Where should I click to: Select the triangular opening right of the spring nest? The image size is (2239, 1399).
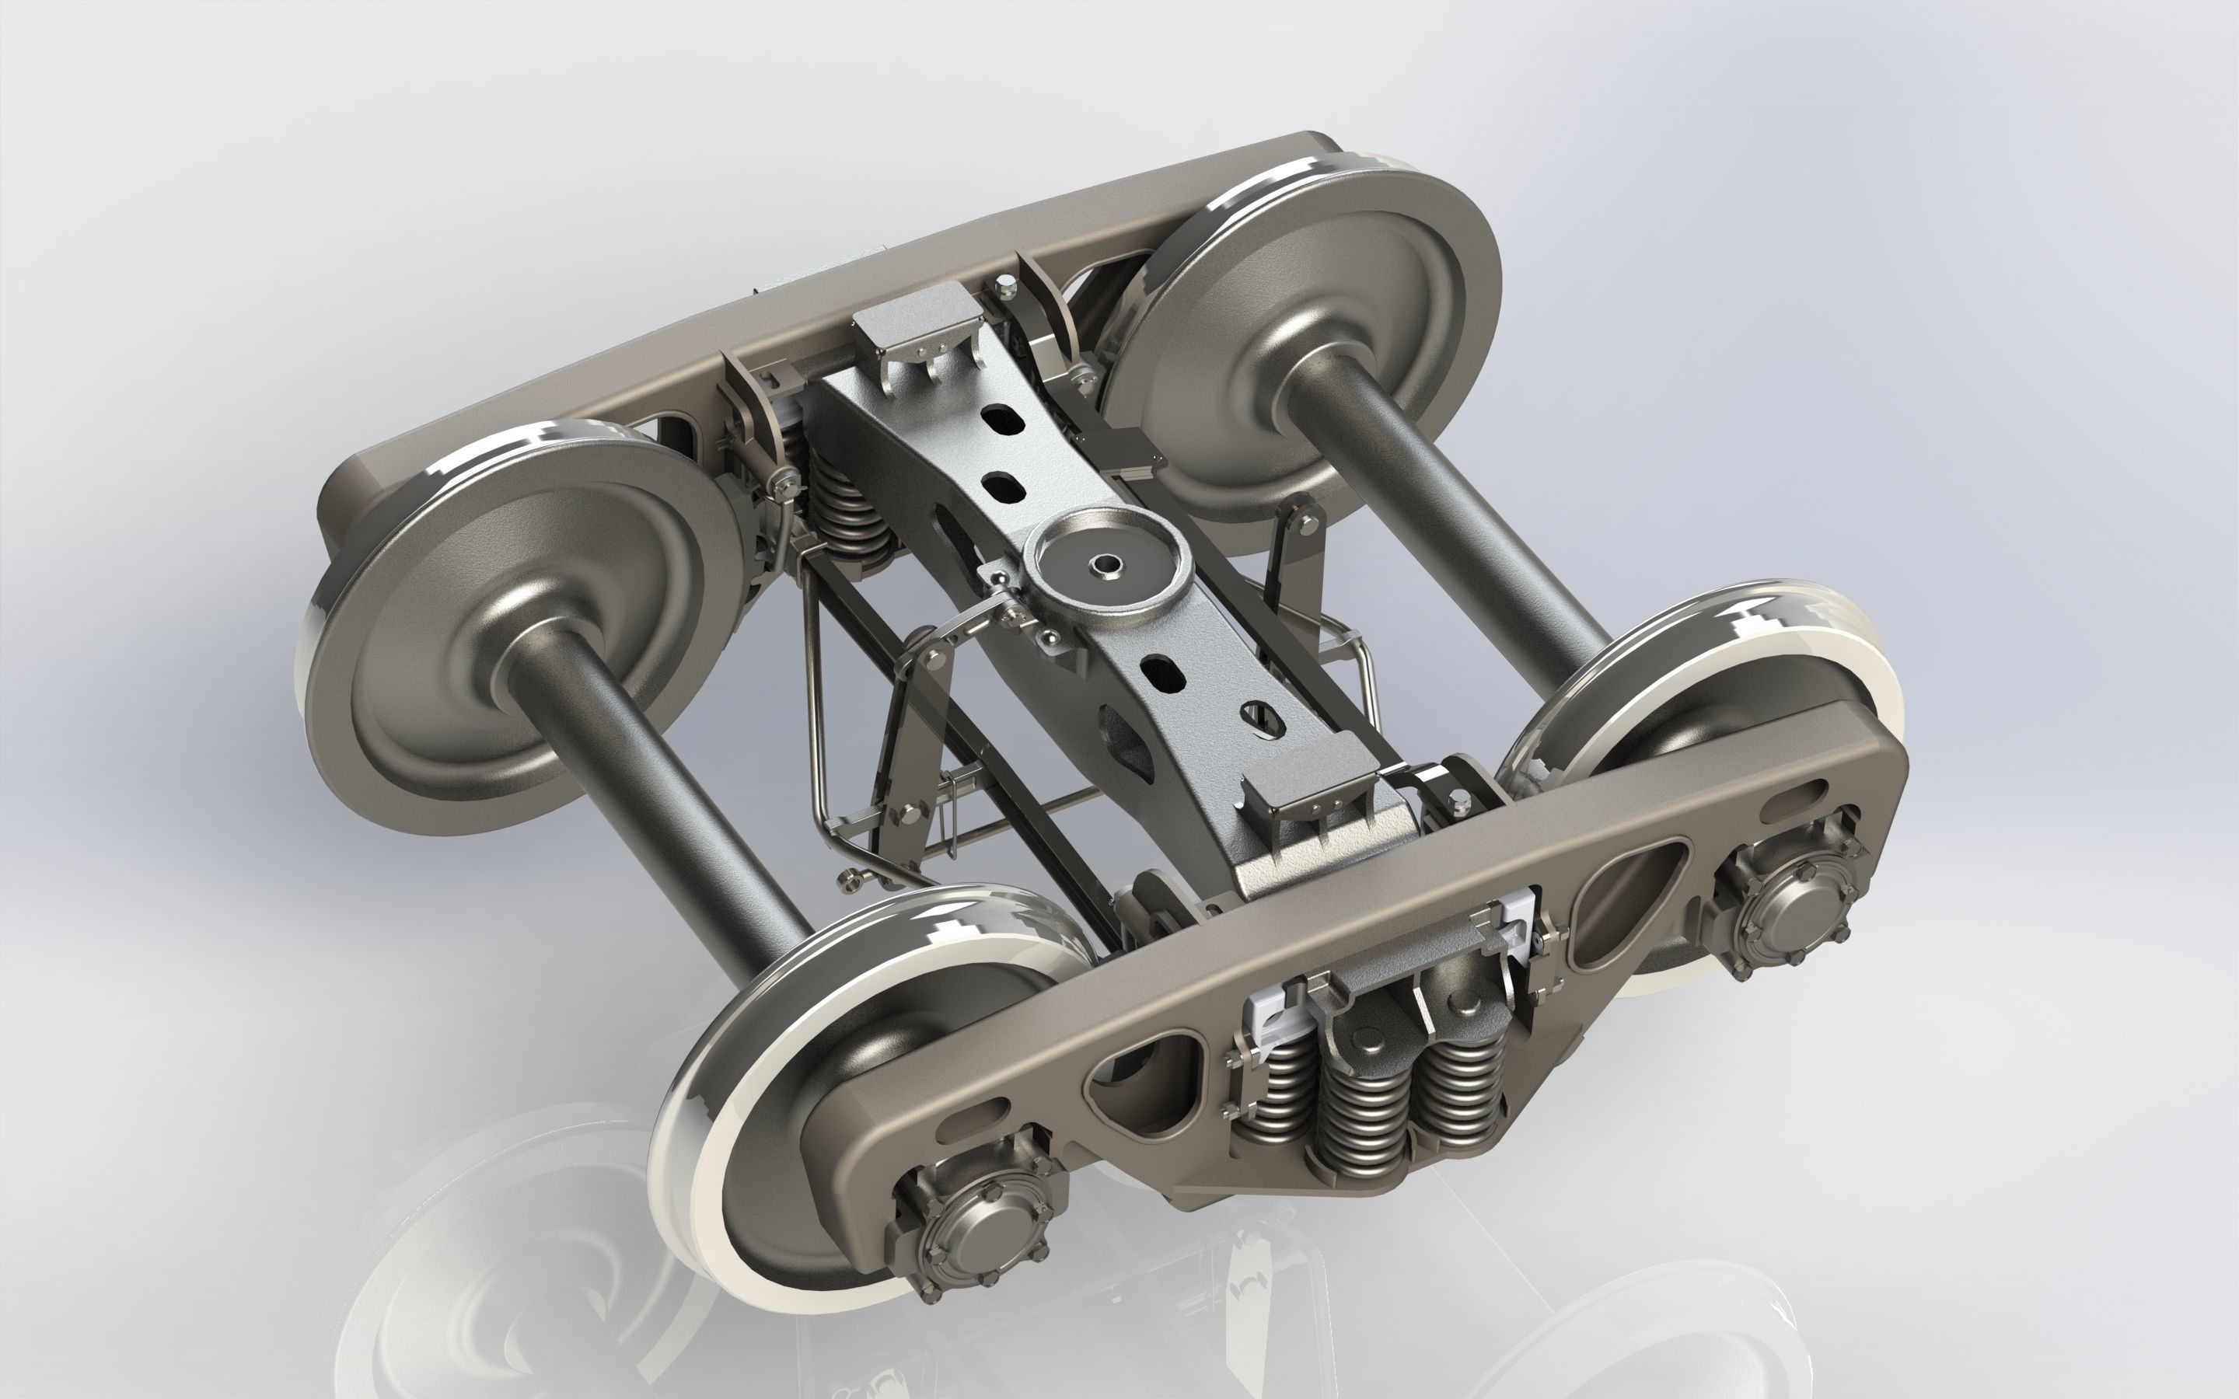[x=1626, y=890]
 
